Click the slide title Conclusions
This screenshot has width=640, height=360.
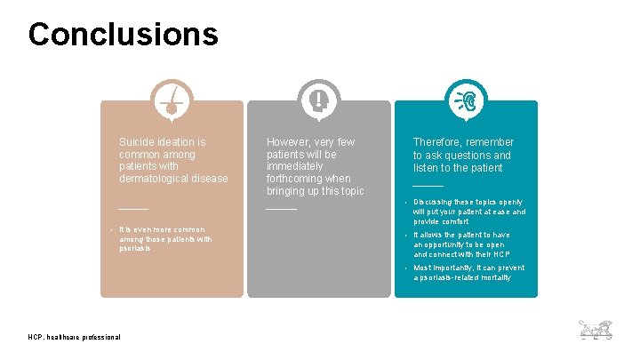pos(123,34)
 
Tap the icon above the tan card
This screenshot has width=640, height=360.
pos(172,100)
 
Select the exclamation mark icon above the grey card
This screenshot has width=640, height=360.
pos(318,100)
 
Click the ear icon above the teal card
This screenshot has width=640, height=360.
pos(466,100)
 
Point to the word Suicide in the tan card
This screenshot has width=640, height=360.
pos(138,141)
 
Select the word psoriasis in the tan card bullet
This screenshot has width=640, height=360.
pos(136,249)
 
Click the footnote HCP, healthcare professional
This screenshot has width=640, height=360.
pos(75,336)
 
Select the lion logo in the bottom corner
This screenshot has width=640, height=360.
pos(596,330)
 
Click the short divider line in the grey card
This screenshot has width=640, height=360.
pos(281,209)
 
